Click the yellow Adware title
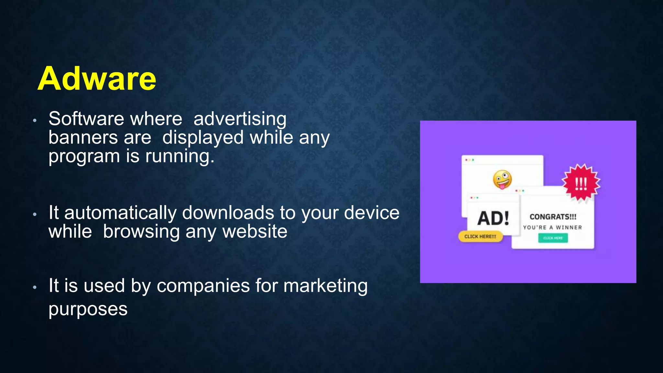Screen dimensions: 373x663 pyautogui.click(x=97, y=79)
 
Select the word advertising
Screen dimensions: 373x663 pyautogui.click(x=240, y=119)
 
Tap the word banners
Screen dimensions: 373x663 pyautogui.click(x=83, y=137)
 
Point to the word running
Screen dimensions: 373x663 pyautogui.click(x=180, y=156)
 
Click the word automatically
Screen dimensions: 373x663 pyautogui.click(x=120, y=213)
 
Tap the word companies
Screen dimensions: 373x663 pyautogui.click(x=203, y=286)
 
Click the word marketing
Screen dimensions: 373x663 pyautogui.click(x=325, y=286)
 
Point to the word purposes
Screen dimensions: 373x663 pyautogui.click(x=88, y=309)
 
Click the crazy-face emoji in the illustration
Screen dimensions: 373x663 pyautogui.click(x=502, y=179)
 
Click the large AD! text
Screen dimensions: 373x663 pyautogui.click(x=493, y=218)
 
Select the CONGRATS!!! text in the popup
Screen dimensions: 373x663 pyautogui.click(x=553, y=217)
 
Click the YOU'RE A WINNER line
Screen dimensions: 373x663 pyautogui.click(x=552, y=228)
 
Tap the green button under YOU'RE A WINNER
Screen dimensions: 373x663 pyautogui.click(x=553, y=238)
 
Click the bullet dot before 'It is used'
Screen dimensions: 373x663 pyautogui.click(x=35, y=287)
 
